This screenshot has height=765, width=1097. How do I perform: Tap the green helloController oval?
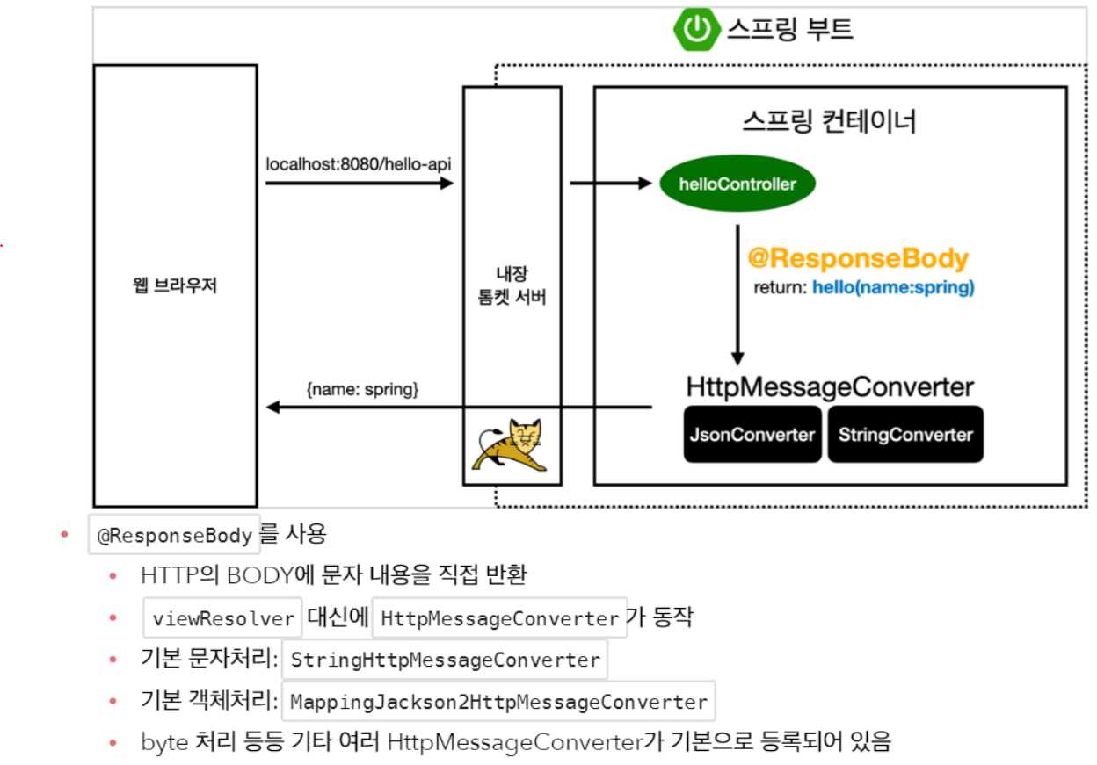737,184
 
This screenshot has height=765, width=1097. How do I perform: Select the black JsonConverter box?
752,434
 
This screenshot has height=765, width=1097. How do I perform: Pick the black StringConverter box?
905,434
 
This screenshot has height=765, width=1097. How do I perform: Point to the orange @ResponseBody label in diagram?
857,258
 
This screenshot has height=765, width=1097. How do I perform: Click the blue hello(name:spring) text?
893,287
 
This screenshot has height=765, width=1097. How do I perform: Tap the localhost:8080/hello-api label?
359,164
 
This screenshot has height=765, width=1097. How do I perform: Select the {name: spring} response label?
362,387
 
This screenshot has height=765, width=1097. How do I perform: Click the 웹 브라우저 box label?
175,286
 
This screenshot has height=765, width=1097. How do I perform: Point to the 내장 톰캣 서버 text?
512,286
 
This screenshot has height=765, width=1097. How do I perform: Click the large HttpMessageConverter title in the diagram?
829,386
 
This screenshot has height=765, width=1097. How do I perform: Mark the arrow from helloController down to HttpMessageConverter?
737,294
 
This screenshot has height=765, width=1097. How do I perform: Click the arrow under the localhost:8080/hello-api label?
359,183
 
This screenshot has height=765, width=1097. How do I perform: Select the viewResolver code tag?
223,618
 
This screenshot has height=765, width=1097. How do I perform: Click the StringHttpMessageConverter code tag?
445,660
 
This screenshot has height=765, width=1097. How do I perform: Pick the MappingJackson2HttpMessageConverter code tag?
498,702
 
